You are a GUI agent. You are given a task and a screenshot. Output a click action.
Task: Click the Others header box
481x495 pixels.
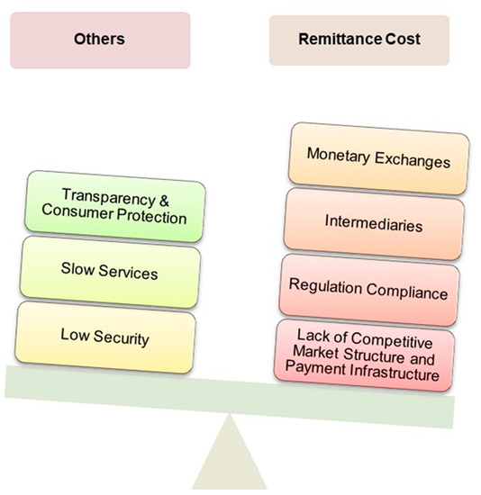point(100,40)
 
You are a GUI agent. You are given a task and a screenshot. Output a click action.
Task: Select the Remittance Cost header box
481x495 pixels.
point(358,40)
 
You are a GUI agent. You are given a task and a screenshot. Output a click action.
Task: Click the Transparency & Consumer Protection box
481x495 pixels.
point(112,208)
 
